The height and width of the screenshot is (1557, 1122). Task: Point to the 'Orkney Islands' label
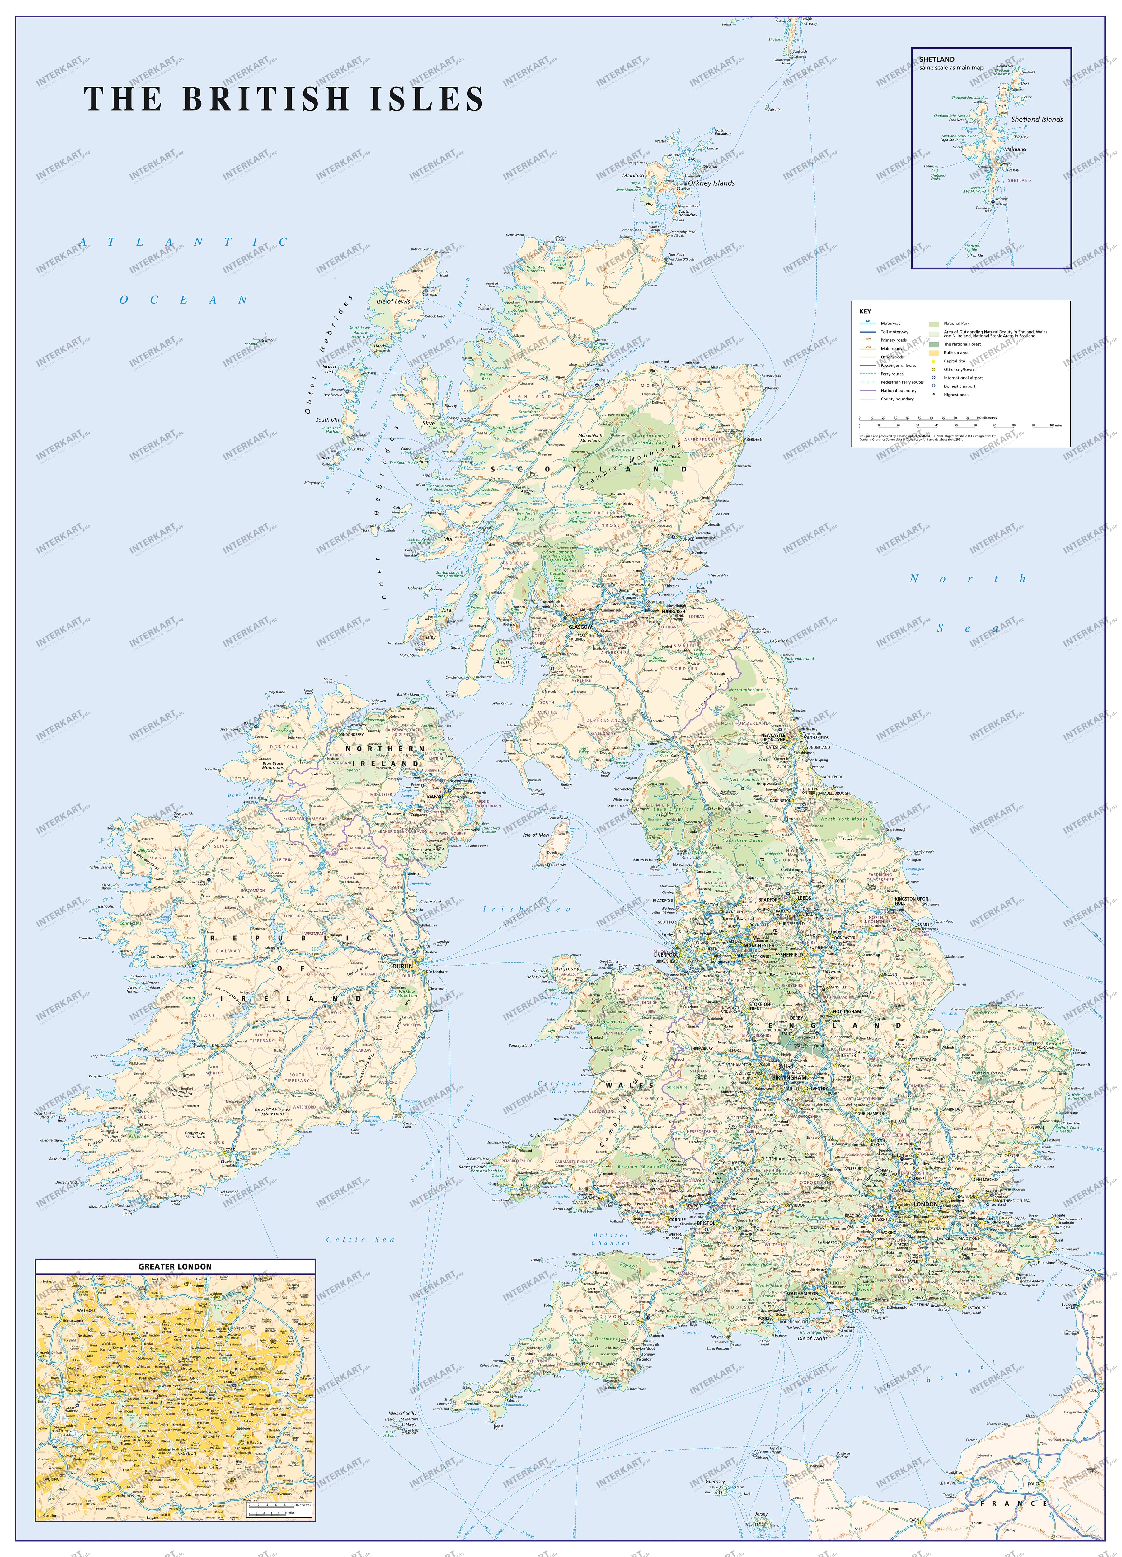click(x=711, y=183)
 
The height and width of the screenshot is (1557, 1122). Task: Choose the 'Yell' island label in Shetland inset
click(x=1001, y=106)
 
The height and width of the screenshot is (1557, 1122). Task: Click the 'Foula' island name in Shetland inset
click(x=928, y=165)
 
